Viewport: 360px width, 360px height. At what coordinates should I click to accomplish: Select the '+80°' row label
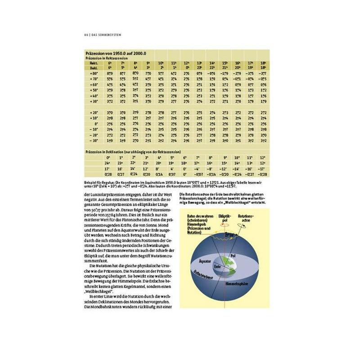click(x=94, y=72)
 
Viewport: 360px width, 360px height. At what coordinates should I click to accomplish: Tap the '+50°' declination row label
click(x=94, y=90)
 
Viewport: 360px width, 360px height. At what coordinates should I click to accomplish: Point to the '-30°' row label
click(x=94, y=141)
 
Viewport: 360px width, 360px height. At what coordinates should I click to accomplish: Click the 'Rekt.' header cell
click(x=94, y=63)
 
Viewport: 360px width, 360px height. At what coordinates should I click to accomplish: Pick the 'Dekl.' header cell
click(x=94, y=67)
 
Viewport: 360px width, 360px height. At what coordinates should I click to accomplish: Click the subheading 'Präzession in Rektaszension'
click(x=104, y=58)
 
